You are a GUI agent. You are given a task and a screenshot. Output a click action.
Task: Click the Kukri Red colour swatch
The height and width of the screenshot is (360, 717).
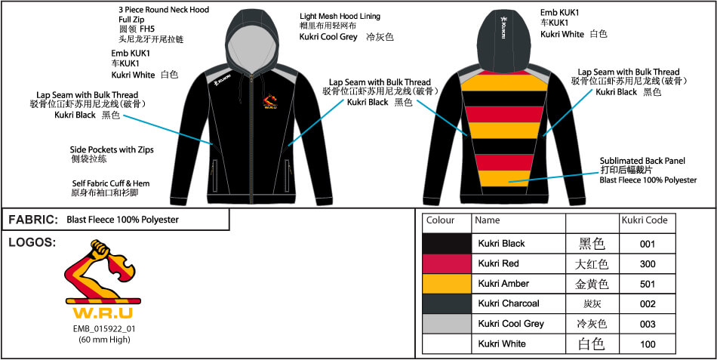tap(447, 263)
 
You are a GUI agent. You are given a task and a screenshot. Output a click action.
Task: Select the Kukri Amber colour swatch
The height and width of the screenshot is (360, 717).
tap(447, 284)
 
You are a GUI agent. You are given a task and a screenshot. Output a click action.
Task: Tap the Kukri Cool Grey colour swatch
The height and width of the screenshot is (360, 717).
tap(447, 324)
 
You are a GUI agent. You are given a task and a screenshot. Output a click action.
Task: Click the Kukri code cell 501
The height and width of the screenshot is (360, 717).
tap(647, 284)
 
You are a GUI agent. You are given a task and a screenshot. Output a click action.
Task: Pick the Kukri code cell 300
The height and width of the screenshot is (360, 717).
tap(647, 263)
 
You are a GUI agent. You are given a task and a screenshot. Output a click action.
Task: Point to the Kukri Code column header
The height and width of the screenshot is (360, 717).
tap(644, 221)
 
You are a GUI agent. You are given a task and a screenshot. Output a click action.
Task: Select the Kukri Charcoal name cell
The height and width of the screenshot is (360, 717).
tap(509, 303)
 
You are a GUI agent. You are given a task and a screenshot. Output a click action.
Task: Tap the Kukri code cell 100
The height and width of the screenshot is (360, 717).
tap(647, 344)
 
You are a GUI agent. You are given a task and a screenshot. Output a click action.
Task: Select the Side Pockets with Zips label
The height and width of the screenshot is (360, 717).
tap(112, 150)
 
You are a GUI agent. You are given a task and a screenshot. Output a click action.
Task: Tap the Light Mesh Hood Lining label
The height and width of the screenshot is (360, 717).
tap(340, 17)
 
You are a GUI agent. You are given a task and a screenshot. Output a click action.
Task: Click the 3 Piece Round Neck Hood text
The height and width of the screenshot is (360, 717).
tap(164, 10)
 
